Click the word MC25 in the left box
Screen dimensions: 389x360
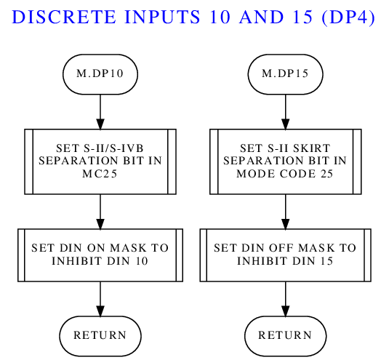pos(100,174)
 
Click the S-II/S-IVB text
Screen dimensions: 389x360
pos(113,148)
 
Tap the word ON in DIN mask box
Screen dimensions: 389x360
pos(97,248)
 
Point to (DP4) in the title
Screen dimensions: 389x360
pos(348,17)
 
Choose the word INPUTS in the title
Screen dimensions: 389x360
pos(162,17)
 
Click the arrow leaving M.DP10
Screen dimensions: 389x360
pos(100,112)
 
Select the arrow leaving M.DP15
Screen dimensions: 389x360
pos(286,112)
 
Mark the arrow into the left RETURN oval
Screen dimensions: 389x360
pos(100,299)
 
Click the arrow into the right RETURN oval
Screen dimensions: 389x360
pos(286,299)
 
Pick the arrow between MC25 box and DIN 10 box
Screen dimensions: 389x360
pos(100,212)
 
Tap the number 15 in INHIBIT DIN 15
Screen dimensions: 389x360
pos(326,261)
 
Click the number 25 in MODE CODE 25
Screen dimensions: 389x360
pos(326,174)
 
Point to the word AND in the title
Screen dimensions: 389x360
pos(262,17)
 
